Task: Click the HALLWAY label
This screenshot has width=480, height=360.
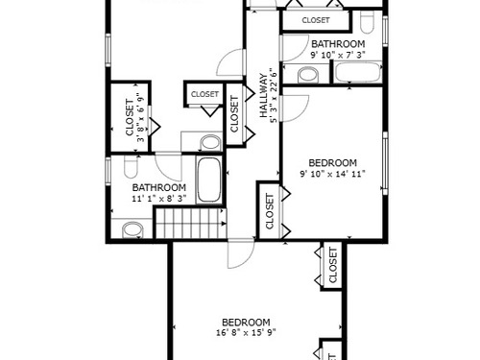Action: [x=263, y=96]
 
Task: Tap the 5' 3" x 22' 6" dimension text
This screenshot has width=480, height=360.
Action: [x=273, y=95]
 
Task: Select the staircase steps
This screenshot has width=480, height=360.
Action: [x=190, y=224]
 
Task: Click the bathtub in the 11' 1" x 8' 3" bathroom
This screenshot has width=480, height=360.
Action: [x=208, y=180]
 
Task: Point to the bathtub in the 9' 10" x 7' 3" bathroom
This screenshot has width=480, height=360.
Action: [x=358, y=73]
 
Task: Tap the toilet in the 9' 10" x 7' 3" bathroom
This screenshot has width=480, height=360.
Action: [x=367, y=22]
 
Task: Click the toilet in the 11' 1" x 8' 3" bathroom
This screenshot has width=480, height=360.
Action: [x=131, y=167]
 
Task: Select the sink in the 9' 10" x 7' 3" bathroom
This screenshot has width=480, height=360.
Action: [x=308, y=76]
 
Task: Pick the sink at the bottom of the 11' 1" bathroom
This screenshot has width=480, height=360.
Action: [x=132, y=230]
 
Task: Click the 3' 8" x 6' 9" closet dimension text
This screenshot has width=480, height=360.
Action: [x=141, y=117]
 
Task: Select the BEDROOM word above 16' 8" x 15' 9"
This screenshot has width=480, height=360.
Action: [x=246, y=323]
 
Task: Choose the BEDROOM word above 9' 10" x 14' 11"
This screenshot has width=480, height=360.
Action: [x=333, y=163]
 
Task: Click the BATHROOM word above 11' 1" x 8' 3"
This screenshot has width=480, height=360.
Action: [x=159, y=187]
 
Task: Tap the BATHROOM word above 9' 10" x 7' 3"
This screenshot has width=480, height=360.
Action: [x=338, y=44]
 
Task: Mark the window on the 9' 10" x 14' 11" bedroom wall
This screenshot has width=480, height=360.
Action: [x=385, y=163]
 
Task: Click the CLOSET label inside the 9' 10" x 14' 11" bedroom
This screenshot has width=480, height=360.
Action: [x=270, y=211]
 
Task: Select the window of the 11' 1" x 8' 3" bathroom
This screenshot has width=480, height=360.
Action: [x=108, y=171]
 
